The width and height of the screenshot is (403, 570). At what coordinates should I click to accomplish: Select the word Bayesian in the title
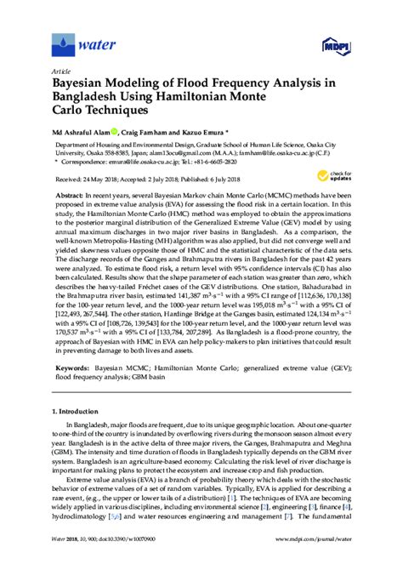tap(85, 86)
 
